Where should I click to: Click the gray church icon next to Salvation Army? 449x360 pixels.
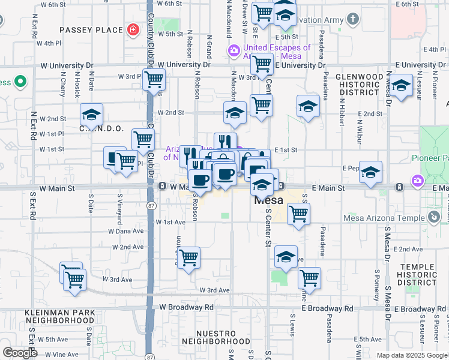[x=353, y=19]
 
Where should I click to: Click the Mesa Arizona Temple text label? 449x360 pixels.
[x=383, y=218]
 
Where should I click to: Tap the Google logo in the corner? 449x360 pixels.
[x=20, y=353]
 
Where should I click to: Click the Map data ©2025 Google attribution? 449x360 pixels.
[x=412, y=355]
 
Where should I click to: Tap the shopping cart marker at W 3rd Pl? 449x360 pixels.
[x=154, y=78]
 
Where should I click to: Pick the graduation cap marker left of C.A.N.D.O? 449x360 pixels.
[x=92, y=113]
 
